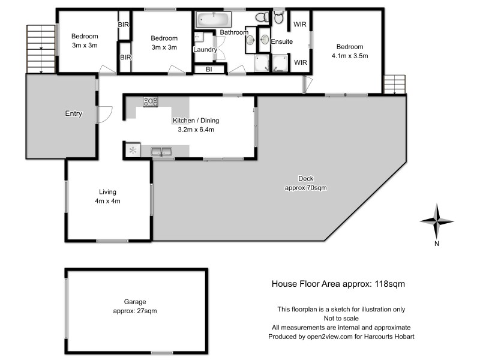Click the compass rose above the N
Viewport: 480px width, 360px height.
click(437, 221)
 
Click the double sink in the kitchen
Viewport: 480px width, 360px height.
click(162, 151)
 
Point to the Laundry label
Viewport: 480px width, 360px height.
click(205, 50)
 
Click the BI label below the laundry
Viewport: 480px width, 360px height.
click(208, 70)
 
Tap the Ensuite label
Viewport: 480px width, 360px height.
click(281, 42)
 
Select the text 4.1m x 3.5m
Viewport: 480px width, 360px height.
click(349, 56)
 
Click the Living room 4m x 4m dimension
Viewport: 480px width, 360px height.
click(109, 201)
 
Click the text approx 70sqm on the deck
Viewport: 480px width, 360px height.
click(305, 188)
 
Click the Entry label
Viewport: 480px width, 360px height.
click(73, 113)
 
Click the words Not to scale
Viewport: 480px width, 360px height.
click(341, 319)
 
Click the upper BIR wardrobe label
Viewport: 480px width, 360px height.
click(124, 25)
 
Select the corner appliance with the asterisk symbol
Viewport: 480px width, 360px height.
click(133, 151)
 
